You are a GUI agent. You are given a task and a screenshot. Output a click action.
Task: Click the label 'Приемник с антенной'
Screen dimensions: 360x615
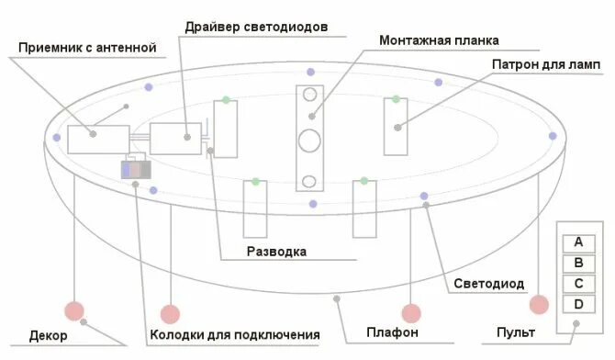[x=87, y=47]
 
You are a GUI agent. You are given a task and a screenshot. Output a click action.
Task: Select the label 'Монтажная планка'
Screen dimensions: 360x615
[x=439, y=40]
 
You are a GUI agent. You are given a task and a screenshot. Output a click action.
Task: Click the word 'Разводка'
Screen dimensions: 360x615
[x=276, y=251]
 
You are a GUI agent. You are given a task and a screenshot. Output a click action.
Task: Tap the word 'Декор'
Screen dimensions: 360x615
[x=49, y=335]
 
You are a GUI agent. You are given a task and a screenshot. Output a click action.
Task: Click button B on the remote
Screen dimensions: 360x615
[x=578, y=264]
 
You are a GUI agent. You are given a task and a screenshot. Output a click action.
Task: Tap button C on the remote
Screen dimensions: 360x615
[x=578, y=284]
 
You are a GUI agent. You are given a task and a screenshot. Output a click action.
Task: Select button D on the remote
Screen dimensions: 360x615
[x=578, y=304]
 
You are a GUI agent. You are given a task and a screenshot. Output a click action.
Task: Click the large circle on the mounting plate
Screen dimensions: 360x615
[x=310, y=141]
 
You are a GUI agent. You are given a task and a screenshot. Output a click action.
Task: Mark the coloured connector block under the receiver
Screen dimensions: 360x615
[x=135, y=170]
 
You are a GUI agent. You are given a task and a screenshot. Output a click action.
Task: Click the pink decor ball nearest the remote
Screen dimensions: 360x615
[x=538, y=305]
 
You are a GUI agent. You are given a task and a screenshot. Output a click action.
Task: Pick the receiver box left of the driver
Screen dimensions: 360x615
[x=95, y=139]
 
